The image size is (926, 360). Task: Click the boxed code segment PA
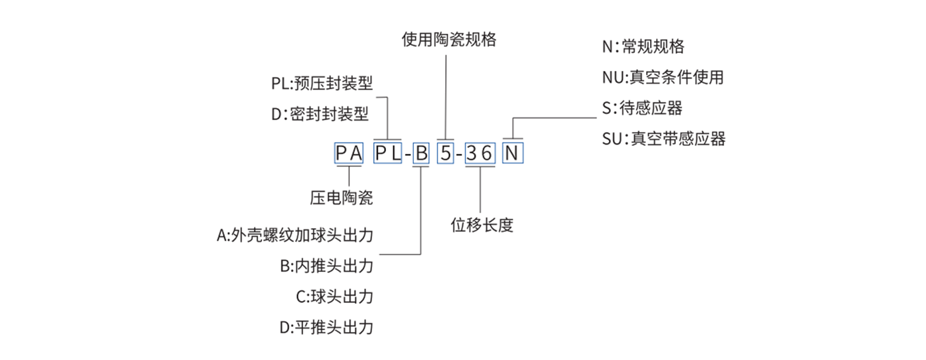[x=349, y=153]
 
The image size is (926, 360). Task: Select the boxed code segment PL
[x=388, y=153]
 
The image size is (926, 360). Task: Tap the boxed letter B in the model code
[x=421, y=153]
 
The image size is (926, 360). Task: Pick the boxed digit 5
[x=445, y=153]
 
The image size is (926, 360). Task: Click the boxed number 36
[x=480, y=153]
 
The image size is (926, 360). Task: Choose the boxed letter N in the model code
[x=513, y=153]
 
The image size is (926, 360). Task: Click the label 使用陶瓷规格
[x=449, y=40]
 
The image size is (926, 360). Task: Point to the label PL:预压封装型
[x=322, y=83]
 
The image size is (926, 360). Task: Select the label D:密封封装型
[x=320, y=113]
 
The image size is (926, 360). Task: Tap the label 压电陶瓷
[x=342, y=198]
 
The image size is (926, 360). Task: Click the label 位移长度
[x=482, y=225]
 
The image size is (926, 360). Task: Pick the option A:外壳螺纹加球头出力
[x=295, y=235]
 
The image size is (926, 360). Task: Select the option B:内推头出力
[x=326, y=266]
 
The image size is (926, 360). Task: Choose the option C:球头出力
[x=335, y=296]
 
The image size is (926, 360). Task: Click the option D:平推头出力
[x=326, y=328]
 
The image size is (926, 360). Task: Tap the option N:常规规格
[x=643, y=46]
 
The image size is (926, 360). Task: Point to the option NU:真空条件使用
[x=663, y=77]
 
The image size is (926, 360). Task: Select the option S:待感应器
[x=642, y=108]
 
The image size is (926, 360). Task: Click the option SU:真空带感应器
[x=664, y=139]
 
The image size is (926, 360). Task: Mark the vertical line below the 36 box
[x=480, y=190]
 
